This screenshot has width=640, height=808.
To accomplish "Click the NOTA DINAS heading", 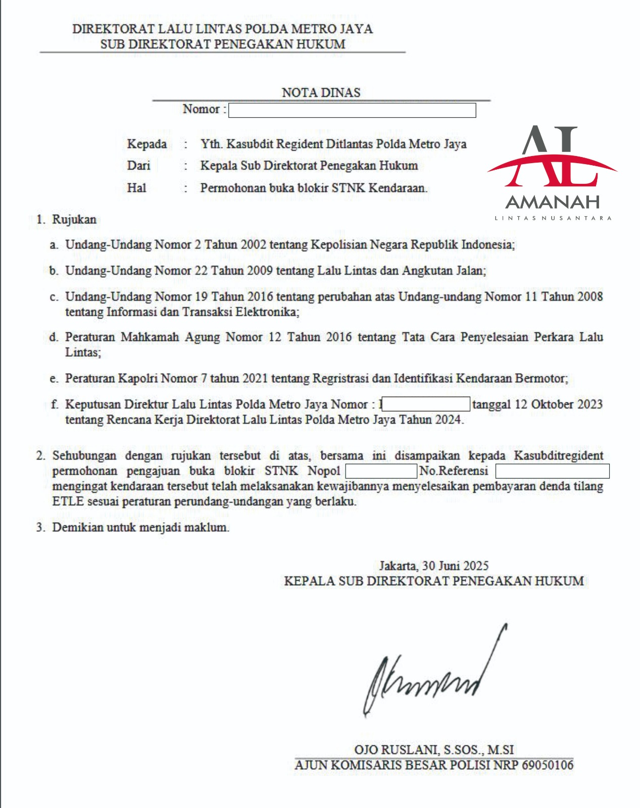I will click(x=321, y=92).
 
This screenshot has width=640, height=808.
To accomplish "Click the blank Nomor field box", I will click(x=352, y=110).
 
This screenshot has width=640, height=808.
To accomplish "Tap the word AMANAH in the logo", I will click(x=553, y=202).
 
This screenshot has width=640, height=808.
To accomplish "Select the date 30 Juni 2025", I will click(x=455, y=566).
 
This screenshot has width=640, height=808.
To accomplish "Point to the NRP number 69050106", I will click(x=548, y=765).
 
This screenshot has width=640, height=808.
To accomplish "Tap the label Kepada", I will click(x=146, y=144).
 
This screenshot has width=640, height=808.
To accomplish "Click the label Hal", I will click(x=136, y=188).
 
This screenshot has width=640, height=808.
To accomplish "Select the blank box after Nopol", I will click(x=381, y=471).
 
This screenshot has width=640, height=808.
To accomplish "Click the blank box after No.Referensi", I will click(x=552, y=471).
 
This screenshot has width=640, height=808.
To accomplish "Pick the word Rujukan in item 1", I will click(x=74, y=220).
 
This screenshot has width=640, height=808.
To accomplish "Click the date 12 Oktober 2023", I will click(x=558, y=404).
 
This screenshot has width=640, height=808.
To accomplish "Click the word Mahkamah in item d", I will click(x=150, y=337).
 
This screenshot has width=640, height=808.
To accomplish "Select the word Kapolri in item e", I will click(x=138, y=378).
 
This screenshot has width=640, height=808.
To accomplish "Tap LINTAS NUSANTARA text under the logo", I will click(x=553, y=218).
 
